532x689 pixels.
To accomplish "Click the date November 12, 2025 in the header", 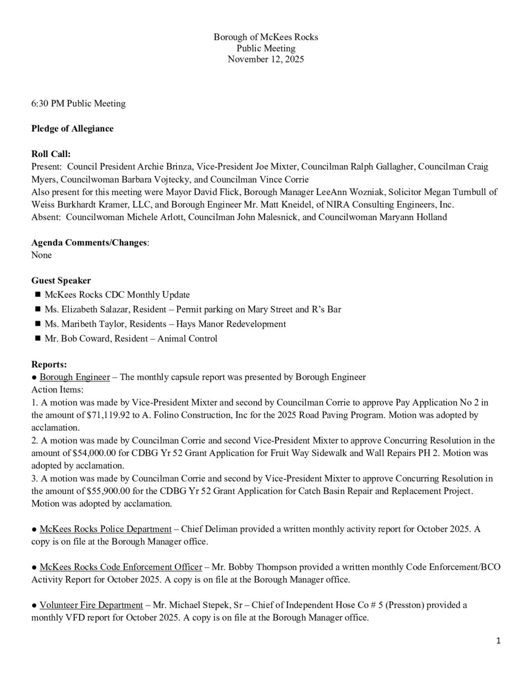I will (266, 60).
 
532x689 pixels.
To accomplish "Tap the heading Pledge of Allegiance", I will (72, 128).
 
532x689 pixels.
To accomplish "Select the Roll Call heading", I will (51, 154).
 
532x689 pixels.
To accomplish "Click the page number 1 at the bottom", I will (498, 640).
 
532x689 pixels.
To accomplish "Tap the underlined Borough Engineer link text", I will (75, 377).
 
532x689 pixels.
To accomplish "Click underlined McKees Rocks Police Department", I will (106, 529).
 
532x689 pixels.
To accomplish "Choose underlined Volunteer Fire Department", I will (91, 605).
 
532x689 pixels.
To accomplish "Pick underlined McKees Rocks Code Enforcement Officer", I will (121, 567).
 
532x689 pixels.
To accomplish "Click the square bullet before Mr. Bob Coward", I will (37, 339).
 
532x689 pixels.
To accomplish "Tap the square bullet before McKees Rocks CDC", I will (37, 295).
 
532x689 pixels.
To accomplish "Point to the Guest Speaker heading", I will (61, 281).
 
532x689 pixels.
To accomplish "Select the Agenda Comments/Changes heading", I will (89, 243).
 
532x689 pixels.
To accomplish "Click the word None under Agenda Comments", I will (41, 255).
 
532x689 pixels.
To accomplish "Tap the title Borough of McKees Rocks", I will (266, 37).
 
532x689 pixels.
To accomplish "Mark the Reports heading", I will (49, 365).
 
